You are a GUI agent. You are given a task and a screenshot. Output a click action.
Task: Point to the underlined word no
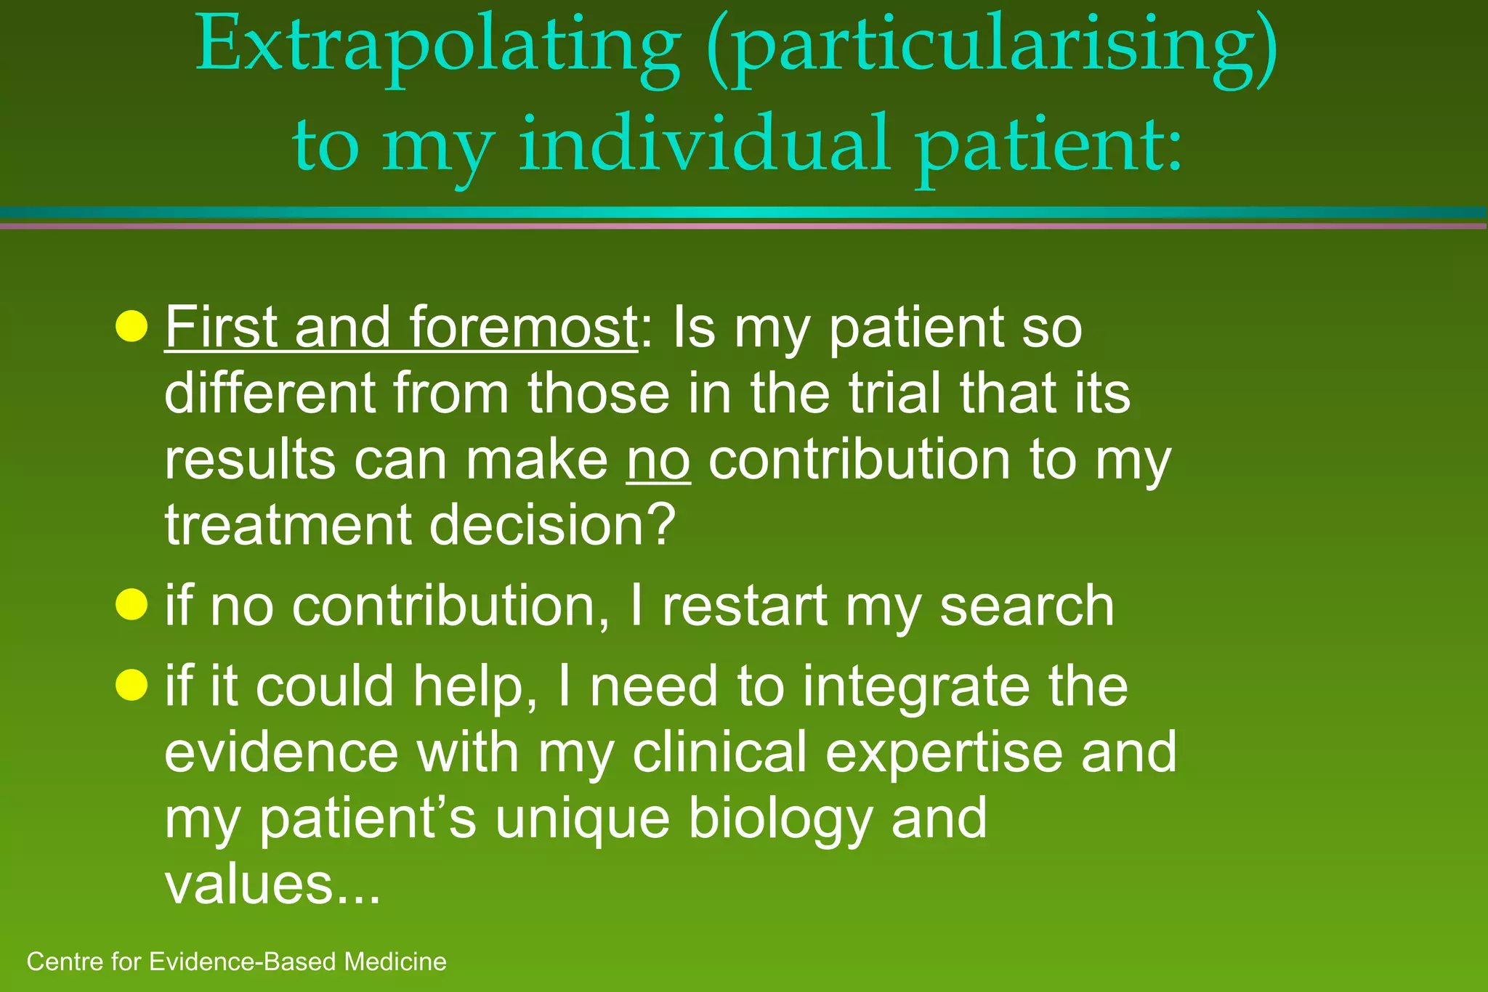tap(658, 460)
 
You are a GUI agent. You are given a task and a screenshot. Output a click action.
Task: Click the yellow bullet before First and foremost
tap(132, 326)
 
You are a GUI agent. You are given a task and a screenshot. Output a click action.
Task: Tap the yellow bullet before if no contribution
tap(132, 604)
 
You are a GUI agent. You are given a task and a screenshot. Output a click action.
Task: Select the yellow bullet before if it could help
tap(132, 685)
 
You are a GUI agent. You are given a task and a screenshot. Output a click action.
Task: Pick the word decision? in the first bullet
tap(553, 525)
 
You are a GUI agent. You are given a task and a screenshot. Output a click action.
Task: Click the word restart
tap(745, 606)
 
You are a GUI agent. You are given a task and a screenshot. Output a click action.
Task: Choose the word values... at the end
tap(272, 885)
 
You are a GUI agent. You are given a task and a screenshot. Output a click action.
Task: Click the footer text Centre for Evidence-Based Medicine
tap(236, 961)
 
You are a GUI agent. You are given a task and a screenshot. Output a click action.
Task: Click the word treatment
tap(288, 525)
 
